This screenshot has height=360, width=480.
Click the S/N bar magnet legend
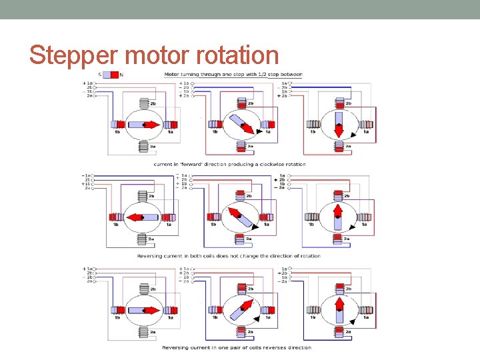[x=111, y=75]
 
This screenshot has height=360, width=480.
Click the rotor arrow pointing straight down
[x=339, y=125]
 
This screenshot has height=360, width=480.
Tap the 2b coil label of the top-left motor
[x=153, y=104]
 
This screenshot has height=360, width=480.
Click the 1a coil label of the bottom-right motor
[x=364, y=317]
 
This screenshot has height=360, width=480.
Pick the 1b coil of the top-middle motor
[x=215, y=124]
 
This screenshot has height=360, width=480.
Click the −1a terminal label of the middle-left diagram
[x=87, y=175]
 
